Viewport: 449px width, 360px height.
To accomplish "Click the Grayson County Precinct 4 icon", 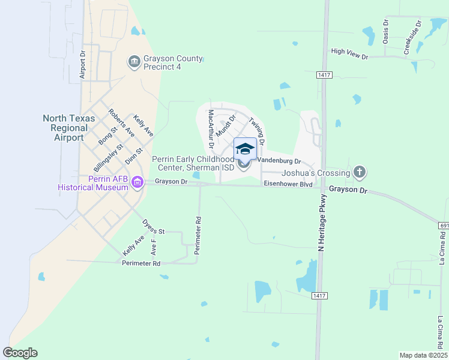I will (x=134, y=61).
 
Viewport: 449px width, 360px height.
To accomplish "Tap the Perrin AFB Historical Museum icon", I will (x=137, y=182).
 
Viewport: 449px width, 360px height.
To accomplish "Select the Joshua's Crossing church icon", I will (x=359, y=173).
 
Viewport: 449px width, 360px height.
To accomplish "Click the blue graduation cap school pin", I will (x=245, y=149).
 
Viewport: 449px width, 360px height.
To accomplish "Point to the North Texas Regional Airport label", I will (x=69, y=128).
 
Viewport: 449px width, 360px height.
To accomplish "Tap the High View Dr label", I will (x=349, y=52).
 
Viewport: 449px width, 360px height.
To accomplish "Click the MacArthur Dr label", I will (x=211, y=128).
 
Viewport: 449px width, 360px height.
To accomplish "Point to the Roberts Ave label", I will (x=121, y=123).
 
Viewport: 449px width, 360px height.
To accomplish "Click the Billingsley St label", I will (x=109, y=158).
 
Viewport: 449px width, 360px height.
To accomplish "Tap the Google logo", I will (x=20, y=353).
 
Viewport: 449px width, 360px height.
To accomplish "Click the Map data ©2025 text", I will (x=423, y=355).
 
